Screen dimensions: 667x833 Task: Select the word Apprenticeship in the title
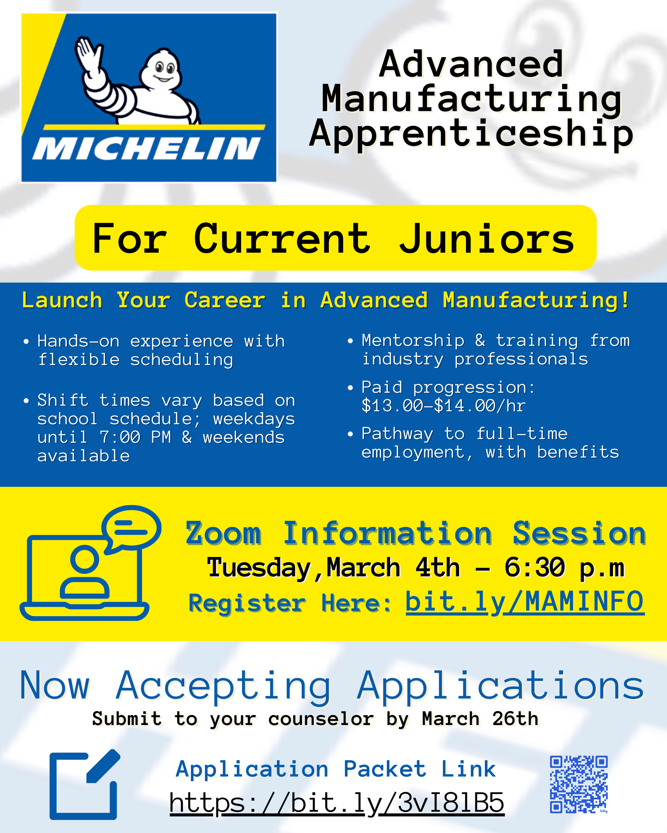coord(471,134)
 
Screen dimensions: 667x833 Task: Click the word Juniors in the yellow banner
coord(487,239)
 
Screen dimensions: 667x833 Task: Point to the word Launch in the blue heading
coord(62,300)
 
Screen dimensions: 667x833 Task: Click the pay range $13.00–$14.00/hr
coord(443,406)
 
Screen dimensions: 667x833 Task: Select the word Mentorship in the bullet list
coord(413,340)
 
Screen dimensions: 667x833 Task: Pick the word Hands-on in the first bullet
coord(78,341)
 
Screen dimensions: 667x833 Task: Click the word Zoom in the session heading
coord(224,533)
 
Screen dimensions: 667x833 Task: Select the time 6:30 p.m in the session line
coord(564,568)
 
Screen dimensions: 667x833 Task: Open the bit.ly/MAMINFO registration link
coord(525,602)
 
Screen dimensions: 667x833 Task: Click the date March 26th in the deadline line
coord(480,719)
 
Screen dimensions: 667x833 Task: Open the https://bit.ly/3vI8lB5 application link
coord(337,802)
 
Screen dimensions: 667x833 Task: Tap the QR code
coord(579,784)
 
